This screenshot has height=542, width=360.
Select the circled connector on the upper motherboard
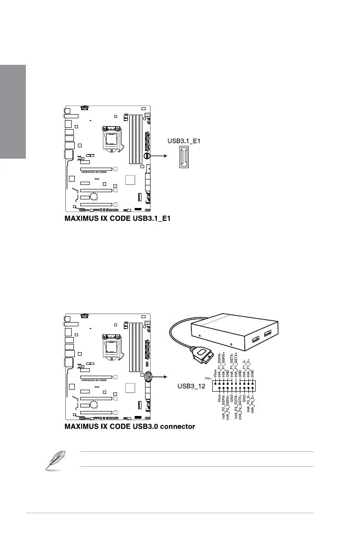(x=147, y=155)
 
